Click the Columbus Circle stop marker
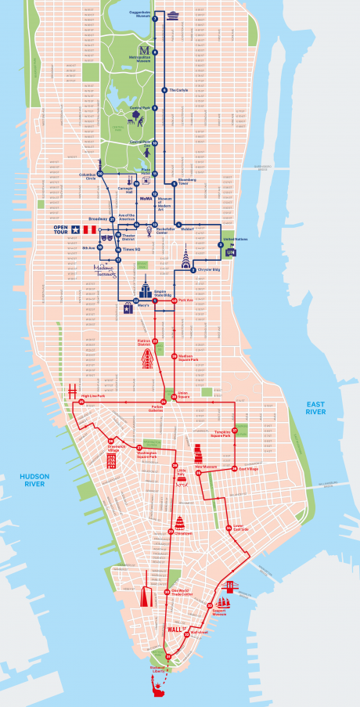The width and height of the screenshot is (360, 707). pos(100,173)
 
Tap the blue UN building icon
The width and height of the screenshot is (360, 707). pos(230,252)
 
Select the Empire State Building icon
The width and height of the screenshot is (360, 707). pos(146,285)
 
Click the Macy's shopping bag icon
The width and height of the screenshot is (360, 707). pos(126,308)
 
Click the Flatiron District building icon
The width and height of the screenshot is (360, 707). pos(146,359)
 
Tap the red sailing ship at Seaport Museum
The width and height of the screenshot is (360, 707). pos(224,603)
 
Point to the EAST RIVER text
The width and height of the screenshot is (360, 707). pos(316,406)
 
